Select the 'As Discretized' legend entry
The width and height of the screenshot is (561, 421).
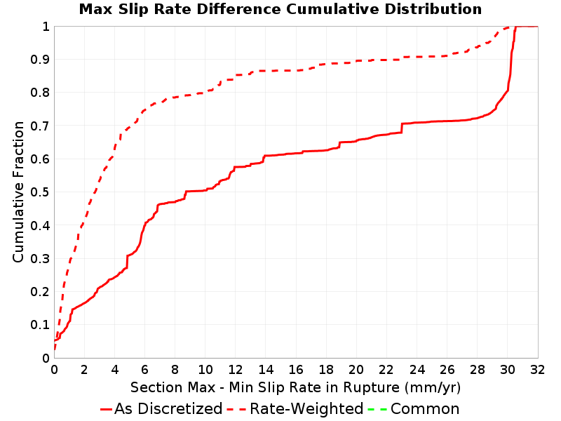pyautogui.click(x=161, y=408)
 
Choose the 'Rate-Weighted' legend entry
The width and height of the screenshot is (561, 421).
pyautogui.click(x=295, y=408)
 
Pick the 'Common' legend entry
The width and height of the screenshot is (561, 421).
pyautogui.click(x=414, y=408)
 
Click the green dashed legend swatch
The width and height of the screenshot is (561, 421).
pyautogui.click(x=377, y=409)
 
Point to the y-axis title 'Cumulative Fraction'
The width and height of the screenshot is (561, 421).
pyautogui.click(x=18, y=192)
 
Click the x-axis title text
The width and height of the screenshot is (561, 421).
pyautogui.click(x=295, y=388)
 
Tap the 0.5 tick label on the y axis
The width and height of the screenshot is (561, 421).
pyautogui.click(x=40, y=192)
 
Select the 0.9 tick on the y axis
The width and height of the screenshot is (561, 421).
pyautogui.click(x=40, y=59)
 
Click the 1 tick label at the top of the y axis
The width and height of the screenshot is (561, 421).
pyautogui.click(x=46, y=26)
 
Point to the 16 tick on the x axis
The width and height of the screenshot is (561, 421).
pyautogui.click(x=296, y=370)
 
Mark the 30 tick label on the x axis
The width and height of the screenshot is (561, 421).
pyautogui.click(x=507, y=370)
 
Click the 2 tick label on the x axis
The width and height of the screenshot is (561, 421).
pyautogui.click(x=84, y=370)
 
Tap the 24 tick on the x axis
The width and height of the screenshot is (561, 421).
pyautogui.click(x=417, y=370)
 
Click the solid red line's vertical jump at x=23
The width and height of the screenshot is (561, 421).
pyautogui.click(x=402, y=128)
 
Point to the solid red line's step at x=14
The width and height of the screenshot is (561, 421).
pyautogui.click(x=264, y=159)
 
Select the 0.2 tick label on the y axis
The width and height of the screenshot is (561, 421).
pyautogui.click(x=40, y=291)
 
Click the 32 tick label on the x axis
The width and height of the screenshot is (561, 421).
pyautogui.click(x=537, y=370)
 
